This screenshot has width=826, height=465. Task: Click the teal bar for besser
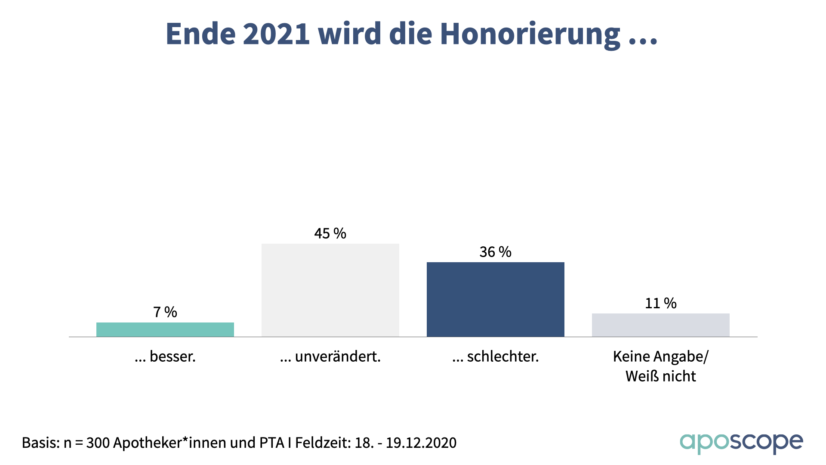[x=165, y=329]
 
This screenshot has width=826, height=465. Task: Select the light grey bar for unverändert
[x=330, y=290]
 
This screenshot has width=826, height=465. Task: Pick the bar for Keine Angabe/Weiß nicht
[x=661, y=325]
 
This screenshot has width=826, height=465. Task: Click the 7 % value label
[x=165, y=312]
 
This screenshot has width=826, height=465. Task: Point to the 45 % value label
[x=330, y=233]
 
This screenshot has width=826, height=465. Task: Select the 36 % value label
[x=496, y=252]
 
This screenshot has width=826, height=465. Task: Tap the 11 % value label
[x=661, y=304]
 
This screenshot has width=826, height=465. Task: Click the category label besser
[x=165, y=356]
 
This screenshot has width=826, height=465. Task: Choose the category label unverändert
[x=330, y=356]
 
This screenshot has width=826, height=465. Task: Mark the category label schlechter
[x=496, y=356]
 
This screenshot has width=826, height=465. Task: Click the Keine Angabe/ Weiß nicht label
[x=661, y=366]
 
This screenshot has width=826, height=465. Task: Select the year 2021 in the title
[x=276, y=34]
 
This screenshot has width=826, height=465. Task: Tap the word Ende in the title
[x=200, y=34]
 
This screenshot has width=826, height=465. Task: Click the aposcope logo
[x=741, y=443]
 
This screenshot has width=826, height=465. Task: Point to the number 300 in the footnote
[x=98, y=443]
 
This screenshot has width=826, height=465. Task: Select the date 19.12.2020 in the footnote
[x=421, y=443]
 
